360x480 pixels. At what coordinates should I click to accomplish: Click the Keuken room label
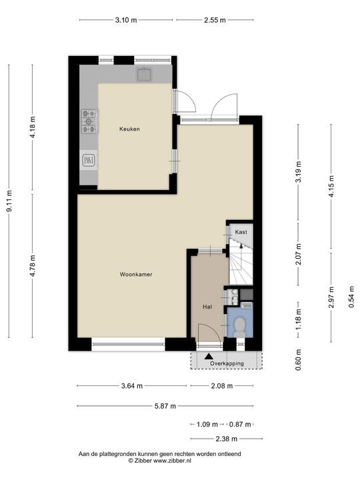click(129, 129)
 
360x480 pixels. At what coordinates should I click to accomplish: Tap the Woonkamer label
click(136, 275)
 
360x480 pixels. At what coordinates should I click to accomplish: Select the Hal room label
click(207, 307)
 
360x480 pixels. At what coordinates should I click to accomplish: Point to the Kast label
click(241, 232)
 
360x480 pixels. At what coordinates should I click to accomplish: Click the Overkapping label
click(227, 363)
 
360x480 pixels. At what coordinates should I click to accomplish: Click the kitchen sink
click(145, 75)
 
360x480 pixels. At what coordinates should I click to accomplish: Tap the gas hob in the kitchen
click(89, 121)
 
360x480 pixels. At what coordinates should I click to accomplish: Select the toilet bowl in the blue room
click(240, 326)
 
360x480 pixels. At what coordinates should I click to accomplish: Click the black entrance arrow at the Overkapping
click(209, 356)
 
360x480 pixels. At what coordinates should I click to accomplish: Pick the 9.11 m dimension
click(9, 201)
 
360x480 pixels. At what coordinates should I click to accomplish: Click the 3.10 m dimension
click(126, 20)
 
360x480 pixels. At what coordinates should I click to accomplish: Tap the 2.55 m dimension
click(215, 20)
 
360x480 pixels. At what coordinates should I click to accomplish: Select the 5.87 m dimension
click(165, 406)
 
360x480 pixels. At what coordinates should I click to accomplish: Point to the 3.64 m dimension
click(132, 386)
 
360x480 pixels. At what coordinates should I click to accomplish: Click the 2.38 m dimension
click(227, 439)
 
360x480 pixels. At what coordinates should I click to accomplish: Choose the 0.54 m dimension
click(351, 297)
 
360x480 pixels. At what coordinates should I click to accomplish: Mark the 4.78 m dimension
click(33, 266)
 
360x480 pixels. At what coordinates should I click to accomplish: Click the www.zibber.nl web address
click(173, 461)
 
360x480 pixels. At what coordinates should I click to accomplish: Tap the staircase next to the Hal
click(241, 262)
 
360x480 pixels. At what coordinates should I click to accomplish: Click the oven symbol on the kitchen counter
click(89, 160)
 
